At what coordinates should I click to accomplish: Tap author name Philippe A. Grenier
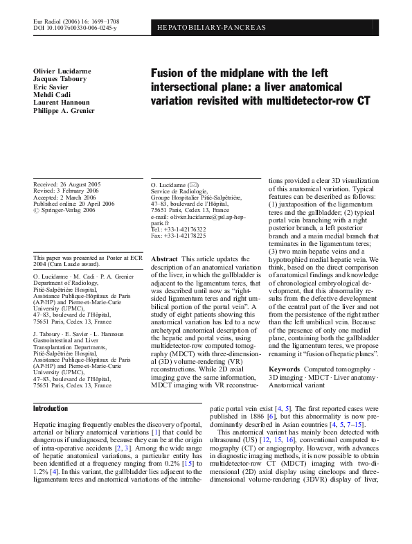63,110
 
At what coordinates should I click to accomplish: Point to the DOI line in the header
75,28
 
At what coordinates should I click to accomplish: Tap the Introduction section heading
51,409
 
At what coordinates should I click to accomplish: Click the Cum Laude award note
70,264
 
